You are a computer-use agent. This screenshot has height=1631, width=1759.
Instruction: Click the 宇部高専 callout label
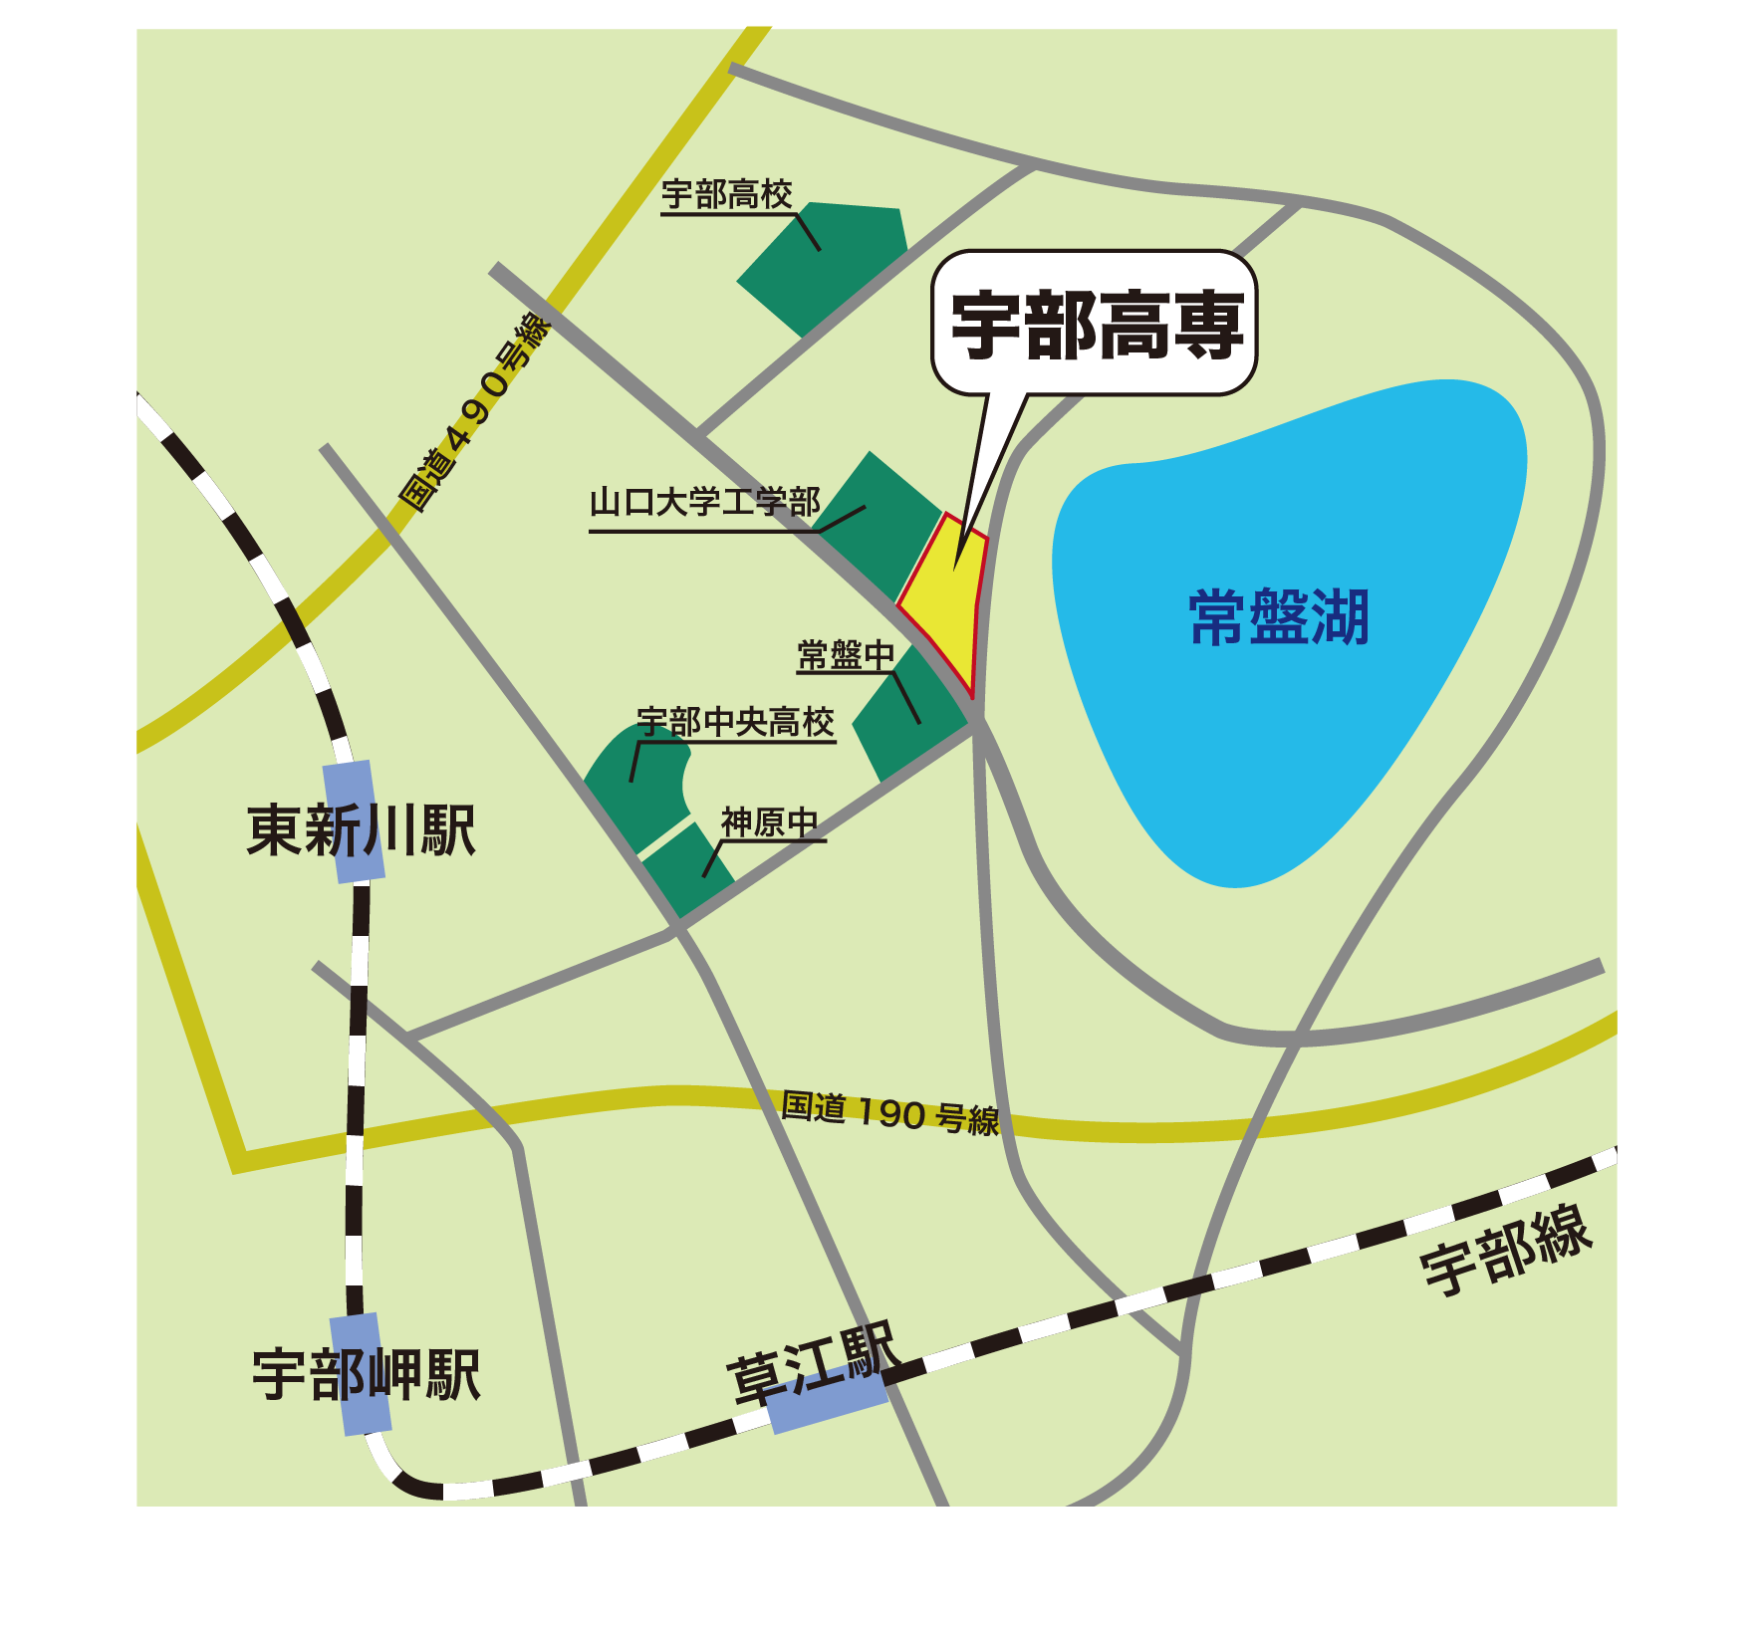(1097, 325)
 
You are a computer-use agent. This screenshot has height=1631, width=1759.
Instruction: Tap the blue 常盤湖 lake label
(1280, 617)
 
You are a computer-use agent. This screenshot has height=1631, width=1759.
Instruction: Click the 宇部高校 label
(727, 195)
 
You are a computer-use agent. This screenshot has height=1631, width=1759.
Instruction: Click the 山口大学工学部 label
(705, 503)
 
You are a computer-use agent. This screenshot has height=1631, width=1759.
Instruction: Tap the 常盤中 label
(847, 656)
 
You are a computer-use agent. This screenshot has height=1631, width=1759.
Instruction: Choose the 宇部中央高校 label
(735, 722)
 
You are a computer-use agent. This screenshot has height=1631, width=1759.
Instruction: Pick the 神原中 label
(770, 823)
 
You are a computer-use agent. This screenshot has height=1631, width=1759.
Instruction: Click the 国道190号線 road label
(889, 1113)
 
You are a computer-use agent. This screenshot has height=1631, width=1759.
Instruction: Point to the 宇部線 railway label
(1506, 1251)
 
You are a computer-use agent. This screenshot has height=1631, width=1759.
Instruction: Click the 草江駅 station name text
(813, 1363)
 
